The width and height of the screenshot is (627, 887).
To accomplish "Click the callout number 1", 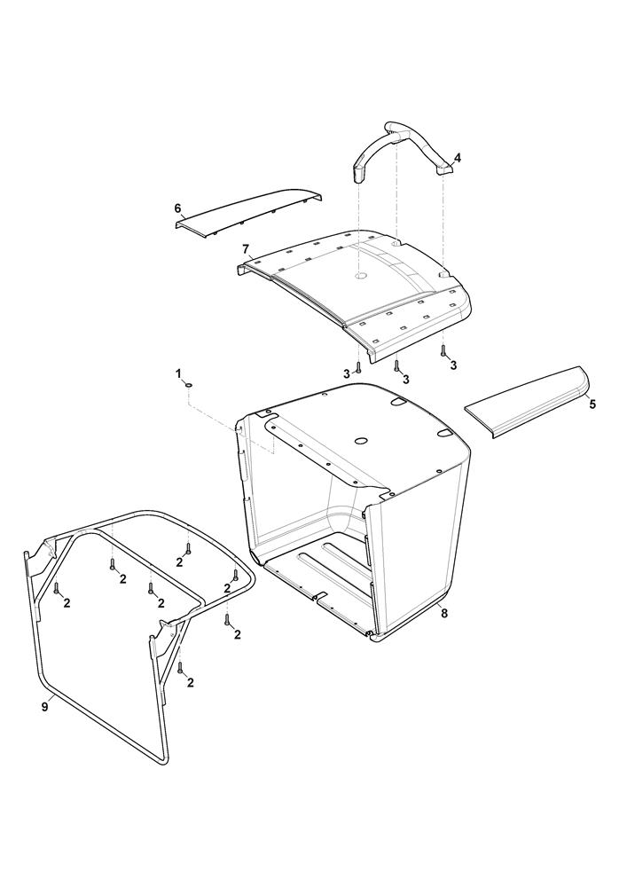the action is pos(178,373).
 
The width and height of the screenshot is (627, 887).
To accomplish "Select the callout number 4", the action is pos(458,157).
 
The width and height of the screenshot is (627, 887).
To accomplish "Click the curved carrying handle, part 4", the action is pos(402,137).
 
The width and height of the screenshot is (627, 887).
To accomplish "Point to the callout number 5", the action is pos(592,404).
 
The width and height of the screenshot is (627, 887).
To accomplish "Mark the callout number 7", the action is pos(246,249).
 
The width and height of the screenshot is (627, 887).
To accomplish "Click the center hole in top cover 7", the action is pos(359,277).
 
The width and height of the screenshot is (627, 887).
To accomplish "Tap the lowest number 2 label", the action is pos(190,683).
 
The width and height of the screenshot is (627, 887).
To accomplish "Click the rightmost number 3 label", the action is pos(453,365).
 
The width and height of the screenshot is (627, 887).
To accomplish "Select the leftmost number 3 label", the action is pos(347,373).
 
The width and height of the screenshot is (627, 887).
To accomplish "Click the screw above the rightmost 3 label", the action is pos(443,350).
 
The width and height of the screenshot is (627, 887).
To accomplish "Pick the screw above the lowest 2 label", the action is pos(180,668).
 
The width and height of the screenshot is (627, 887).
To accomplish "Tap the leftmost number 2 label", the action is pos(67,603).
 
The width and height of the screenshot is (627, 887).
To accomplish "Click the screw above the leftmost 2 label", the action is pos(57,589).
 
